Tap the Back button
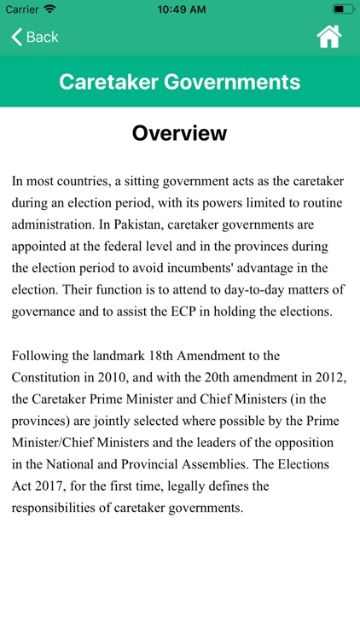[x=34, y=37]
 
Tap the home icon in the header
[x=328, y=37]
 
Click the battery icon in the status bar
[x=343, y=9]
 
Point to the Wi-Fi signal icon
[x=49, y=9]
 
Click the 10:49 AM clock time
[x=180, y=9]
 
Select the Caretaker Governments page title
[x=180, y=82]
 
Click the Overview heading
[x=180, y=134]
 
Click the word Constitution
[x=49, y=376]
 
